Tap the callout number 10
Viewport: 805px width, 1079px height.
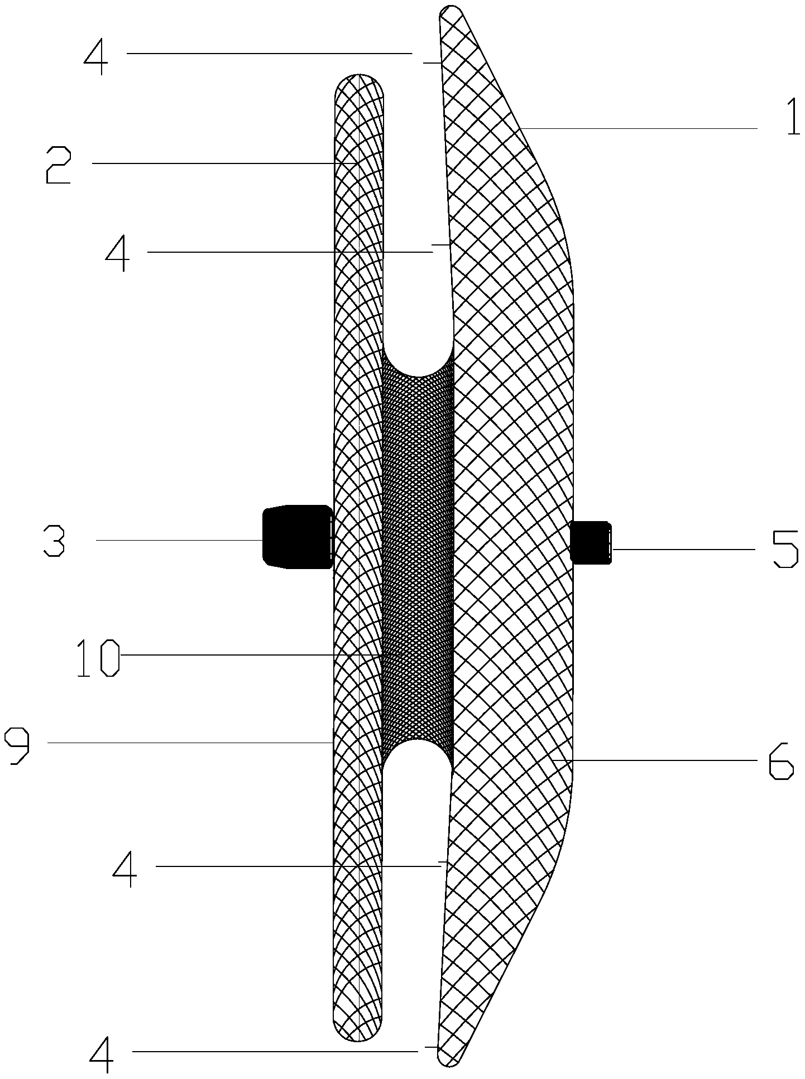click(98, 660)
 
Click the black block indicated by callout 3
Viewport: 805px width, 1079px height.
click(298, 537)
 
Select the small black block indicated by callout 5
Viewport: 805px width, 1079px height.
click(591, 542)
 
